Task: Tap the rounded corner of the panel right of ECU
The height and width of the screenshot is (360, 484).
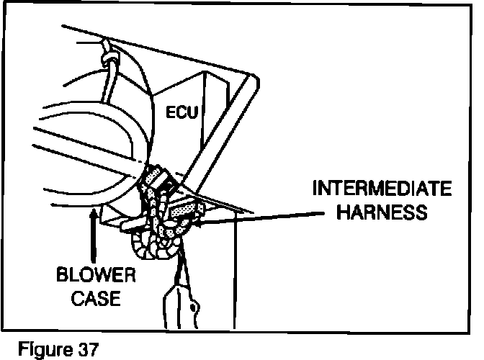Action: click(249, 80)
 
